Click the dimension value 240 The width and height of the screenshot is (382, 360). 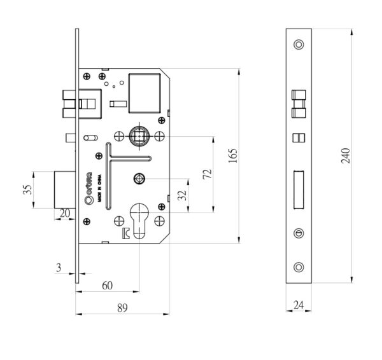pos(346,156)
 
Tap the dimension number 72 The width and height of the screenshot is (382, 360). pos(206,175)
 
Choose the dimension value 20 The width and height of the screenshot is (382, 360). pos(64,214)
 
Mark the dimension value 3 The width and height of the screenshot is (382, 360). pos(59,268)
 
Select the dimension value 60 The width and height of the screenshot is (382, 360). pos(107,286)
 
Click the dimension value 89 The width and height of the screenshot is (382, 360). pos(122,308)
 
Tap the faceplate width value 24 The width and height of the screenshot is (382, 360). pos(299,305)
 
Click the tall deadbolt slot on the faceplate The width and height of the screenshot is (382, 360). pos(299,189)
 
